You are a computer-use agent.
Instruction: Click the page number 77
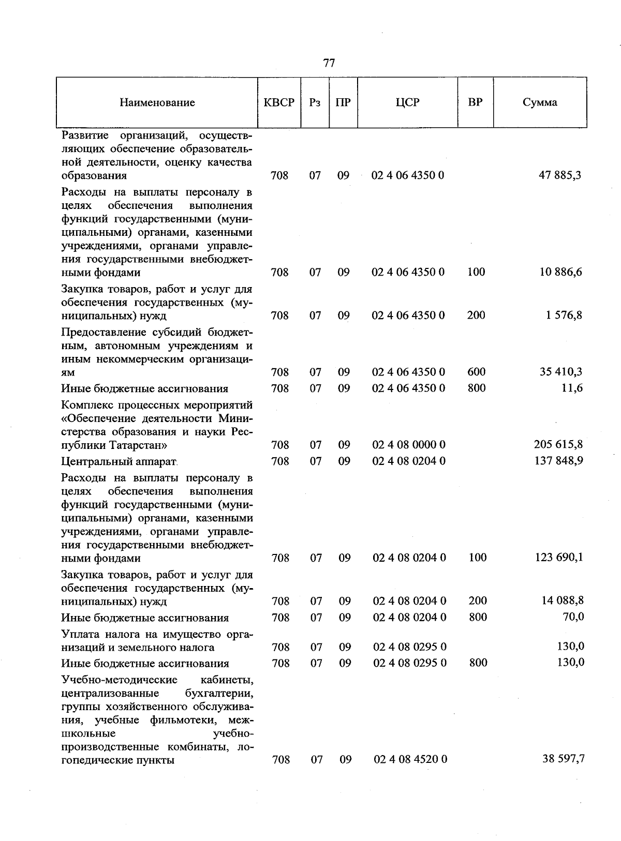coord(329,63)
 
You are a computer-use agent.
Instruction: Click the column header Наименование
coord(157,102)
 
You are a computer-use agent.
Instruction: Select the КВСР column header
coord(279,102)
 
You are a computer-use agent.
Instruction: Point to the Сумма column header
coord(540,102)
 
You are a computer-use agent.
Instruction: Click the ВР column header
coord(475,102)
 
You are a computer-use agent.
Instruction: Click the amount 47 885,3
coord(560,175)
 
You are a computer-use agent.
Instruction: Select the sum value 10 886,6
coord(560,272)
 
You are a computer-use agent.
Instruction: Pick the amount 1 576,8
coord(564,315)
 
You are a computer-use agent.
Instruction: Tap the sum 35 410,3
coord(560,372)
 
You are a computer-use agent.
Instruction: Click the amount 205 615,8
coord(558,444)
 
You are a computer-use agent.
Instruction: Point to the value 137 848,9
coord(558,460)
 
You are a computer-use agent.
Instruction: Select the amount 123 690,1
coord(558,558)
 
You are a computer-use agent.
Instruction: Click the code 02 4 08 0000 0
coord(409,444)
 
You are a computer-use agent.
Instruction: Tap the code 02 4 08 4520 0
coord(410,759)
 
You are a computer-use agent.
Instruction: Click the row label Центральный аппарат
coord(119,461)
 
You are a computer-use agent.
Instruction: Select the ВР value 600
coord(476,372)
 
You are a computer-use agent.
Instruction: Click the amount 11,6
coord(572,388)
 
